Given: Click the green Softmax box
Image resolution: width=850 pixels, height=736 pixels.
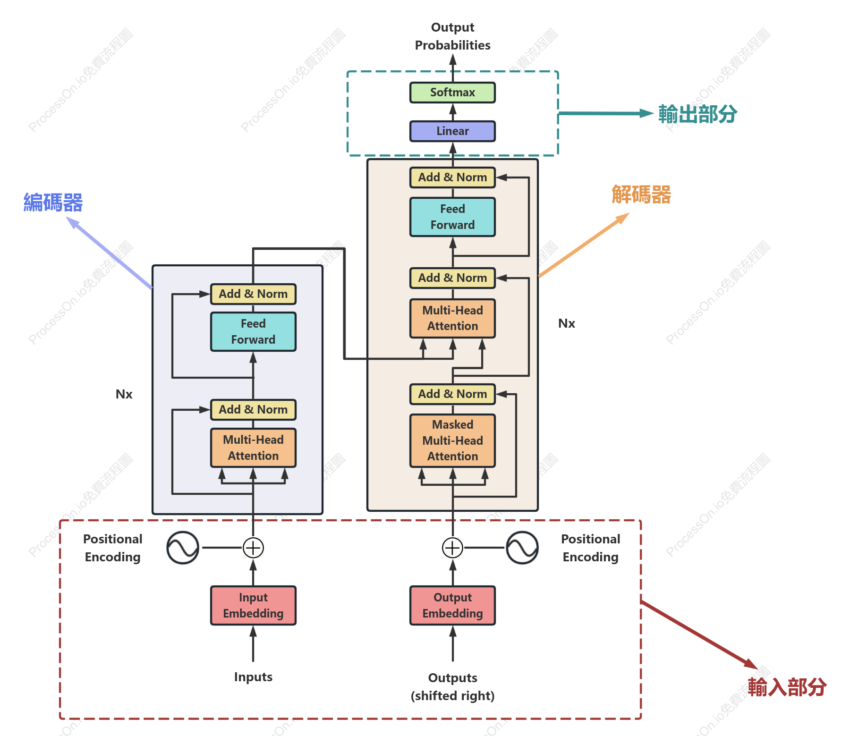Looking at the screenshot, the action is [452, 93].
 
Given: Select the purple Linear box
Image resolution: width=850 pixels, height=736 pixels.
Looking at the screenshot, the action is [452, 131].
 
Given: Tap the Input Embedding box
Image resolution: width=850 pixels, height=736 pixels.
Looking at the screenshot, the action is [253, 606].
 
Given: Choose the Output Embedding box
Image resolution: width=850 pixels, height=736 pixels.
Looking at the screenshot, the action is [452, 606].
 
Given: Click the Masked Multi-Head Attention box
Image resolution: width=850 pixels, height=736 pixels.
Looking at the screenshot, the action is [452, 441].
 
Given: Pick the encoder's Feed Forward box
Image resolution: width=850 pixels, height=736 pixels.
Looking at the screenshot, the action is [253, 332].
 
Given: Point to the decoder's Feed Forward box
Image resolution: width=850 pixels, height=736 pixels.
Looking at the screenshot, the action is [452, 217].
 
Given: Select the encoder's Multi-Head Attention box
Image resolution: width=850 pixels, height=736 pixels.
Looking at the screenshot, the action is [253, 448].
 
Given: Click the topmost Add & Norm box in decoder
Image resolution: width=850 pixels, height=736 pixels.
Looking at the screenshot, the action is [452, 178].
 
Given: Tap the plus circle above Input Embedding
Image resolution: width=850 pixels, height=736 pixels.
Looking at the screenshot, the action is [253, 548].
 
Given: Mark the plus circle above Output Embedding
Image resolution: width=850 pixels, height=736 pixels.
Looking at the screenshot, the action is [452, 548].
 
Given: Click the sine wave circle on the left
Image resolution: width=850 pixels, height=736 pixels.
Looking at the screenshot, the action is [183, 548].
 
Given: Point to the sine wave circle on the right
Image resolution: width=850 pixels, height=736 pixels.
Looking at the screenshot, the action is [522, 548].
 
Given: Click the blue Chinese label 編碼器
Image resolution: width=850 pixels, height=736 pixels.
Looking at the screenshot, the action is [53, 203].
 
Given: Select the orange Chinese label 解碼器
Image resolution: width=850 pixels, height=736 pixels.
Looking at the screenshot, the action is [641, 195].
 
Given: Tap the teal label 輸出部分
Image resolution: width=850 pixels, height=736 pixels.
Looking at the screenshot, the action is [698, 114].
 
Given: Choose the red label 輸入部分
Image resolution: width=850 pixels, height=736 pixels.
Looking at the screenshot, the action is [787, 687].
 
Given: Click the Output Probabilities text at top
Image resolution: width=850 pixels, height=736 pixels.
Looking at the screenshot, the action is [452, 36].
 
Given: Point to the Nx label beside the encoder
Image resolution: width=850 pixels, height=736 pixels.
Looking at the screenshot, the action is [124, 394].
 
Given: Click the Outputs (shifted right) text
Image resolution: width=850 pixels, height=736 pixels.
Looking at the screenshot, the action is [452, 687].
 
